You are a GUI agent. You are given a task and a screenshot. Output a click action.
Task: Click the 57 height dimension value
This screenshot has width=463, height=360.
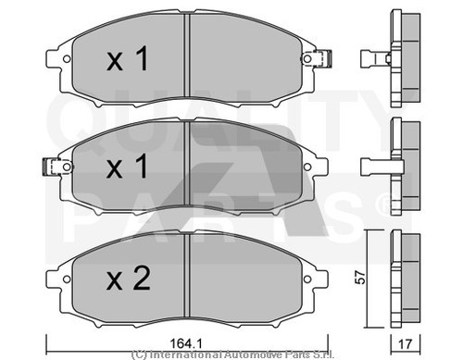360,278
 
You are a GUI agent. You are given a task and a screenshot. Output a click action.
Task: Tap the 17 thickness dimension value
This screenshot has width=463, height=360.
406,344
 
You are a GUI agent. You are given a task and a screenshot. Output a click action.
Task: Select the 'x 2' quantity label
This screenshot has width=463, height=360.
129,279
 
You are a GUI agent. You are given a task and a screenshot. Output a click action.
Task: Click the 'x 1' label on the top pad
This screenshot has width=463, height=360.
128,58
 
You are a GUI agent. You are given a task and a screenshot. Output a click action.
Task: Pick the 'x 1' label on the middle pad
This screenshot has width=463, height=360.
127,167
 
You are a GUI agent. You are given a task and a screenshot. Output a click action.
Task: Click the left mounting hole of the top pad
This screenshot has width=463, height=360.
67,58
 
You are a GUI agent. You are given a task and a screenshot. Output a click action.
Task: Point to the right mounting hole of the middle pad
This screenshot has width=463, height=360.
307,167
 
